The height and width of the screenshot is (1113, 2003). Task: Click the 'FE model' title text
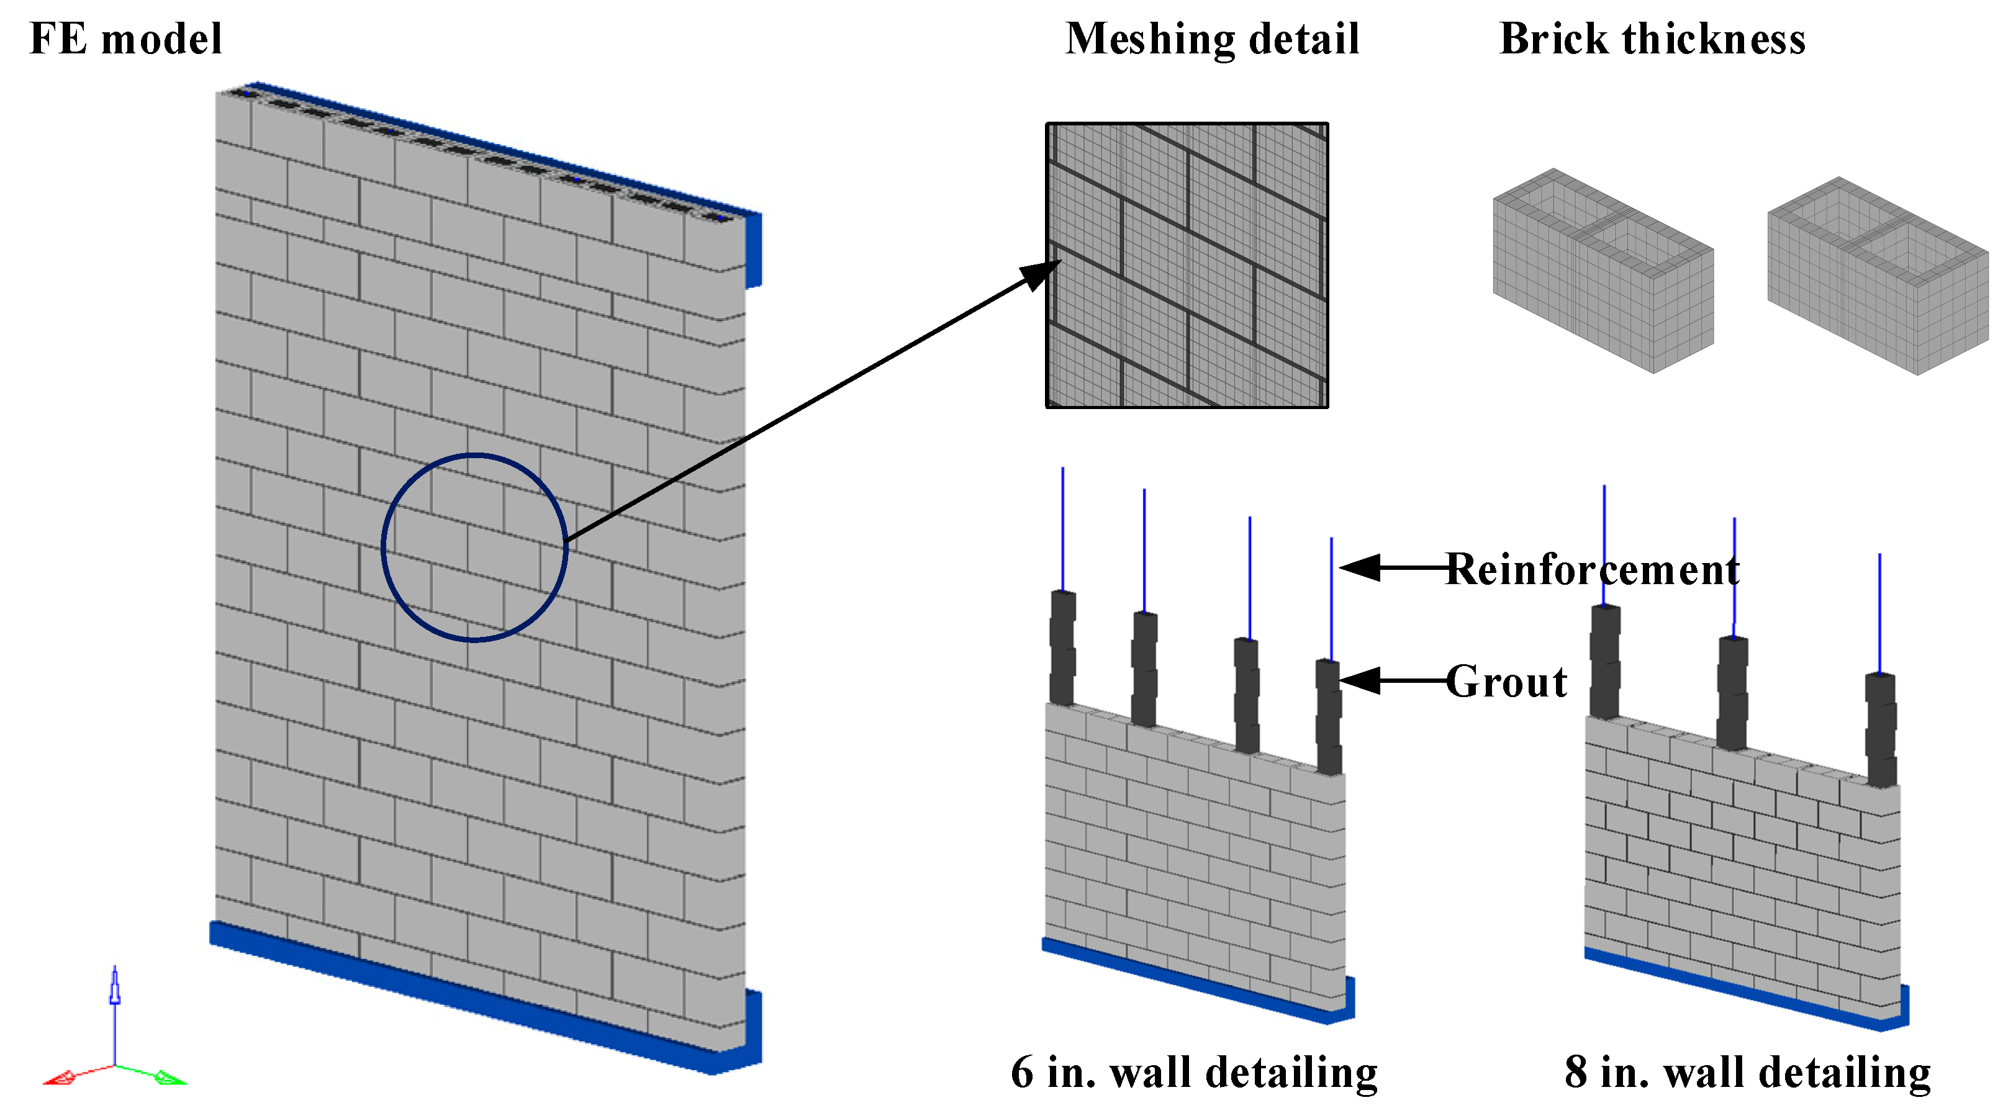coord(126,39)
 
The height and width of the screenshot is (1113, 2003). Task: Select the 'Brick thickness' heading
coord(1652,39)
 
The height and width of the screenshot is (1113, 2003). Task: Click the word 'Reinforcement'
coord(1593,569)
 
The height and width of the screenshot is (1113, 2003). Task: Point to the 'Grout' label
coord(1506,682)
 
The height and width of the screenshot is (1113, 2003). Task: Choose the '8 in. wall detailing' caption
coord(1747,1073)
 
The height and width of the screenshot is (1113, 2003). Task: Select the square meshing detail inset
coord(1187,265)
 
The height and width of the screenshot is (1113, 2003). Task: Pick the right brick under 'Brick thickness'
coord(1877,276)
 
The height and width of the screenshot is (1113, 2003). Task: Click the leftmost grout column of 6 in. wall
coord(1062,649)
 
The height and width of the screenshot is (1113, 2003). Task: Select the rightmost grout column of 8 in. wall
coord(1880,731)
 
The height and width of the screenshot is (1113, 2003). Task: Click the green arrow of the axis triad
coord(170,1078)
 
